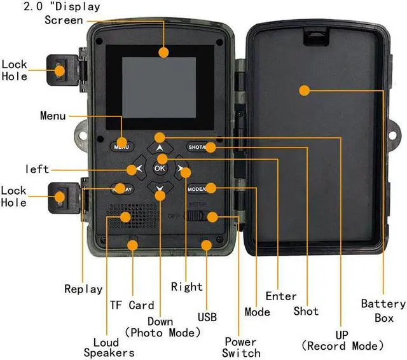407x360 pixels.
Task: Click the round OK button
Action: (160, 169)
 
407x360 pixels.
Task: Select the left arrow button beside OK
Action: (136, 169)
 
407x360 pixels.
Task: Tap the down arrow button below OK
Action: (160, 190)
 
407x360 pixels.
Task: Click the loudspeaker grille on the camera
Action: (130, 216)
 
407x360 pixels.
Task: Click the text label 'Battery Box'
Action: (383, 310)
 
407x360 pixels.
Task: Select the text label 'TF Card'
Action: (132, 305)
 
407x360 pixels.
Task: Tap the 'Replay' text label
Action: (83, 289)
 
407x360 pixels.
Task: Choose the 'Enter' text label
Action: (281, 296)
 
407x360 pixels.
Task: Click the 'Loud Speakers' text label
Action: (109, 347)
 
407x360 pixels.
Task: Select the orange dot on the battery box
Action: (304, 90)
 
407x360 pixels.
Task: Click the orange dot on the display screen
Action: (164, 52)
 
